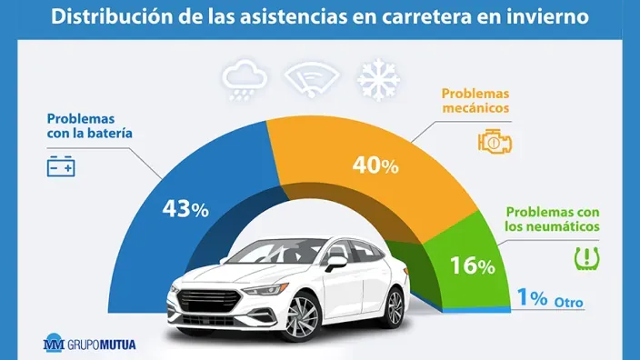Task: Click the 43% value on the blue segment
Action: click(185, 208)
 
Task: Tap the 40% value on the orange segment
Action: click(375, 165)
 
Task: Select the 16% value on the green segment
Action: click(473, 265)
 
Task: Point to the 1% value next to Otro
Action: click(532, 298)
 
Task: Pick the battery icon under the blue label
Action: click(62, 167)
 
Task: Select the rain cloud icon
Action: click(244, 80)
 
